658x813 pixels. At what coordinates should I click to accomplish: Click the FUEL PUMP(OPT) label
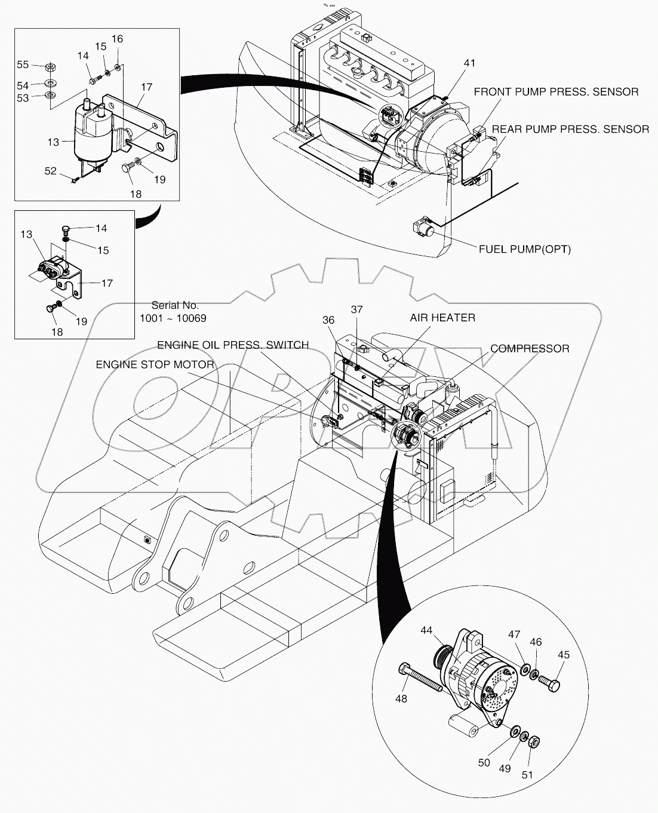[x=524, y=249]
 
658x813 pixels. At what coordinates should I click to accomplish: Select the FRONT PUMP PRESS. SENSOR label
[x=556, y=91]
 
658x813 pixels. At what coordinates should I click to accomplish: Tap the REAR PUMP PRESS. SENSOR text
[x=570, y=129]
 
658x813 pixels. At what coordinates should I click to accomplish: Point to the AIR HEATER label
[x=442, y=318]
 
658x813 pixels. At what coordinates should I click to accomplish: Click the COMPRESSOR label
[x=530, y=348]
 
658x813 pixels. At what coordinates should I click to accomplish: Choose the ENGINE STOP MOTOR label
[x=155, y=364]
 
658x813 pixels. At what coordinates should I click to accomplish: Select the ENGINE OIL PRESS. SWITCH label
[x=233, y=345]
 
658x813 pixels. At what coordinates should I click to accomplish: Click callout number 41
[x=470, y=63]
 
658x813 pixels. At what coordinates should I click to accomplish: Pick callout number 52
[x=50, y=171]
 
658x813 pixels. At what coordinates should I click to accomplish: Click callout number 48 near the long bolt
[x=401, y=698]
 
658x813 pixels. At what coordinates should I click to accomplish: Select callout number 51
[x=527, y=775]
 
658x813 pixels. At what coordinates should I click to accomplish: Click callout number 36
[x=328, y=320]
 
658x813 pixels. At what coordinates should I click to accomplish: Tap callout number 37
[x=356, y=309]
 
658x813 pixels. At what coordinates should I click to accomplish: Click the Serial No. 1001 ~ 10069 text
[x=173, y=312]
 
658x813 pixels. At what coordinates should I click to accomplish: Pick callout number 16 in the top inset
[x=117, y=39]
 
